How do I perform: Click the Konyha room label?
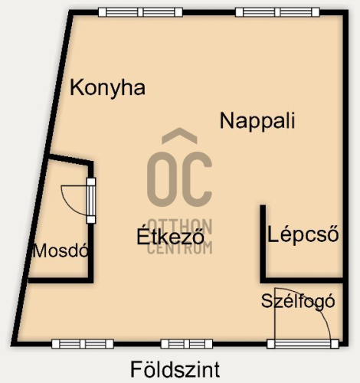pos(107,88)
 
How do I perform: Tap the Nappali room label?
pos(257,120)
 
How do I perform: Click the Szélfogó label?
pos(298,301)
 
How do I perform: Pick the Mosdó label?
pos(61,250)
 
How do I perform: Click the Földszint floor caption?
pos(175,369)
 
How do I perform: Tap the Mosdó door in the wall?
pos(91,201)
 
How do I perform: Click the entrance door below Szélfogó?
pos(303,344)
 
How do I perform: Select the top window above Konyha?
pos(141,12)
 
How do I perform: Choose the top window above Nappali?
pos(277,12)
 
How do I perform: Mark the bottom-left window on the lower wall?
pos(83,344)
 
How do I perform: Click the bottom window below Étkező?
pos(187,344)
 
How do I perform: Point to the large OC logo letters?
pos(179,178)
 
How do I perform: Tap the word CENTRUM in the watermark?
pos(180,247)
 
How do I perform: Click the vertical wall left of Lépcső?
pos(263,244)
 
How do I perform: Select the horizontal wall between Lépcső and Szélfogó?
pos(302,280)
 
